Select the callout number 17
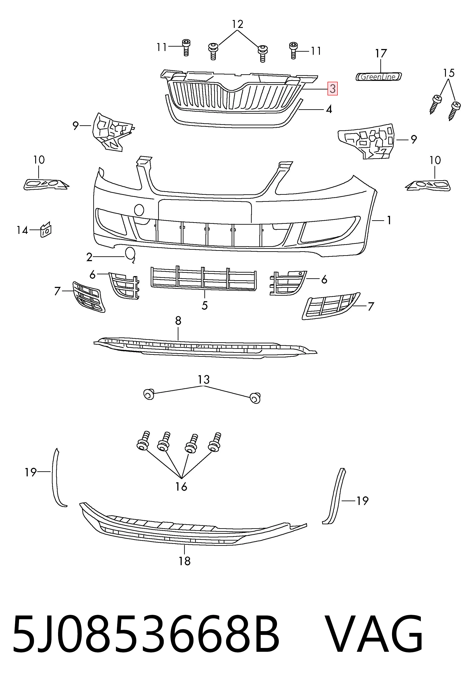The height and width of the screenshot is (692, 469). (381, 54)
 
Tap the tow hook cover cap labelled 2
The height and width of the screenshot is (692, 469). (130, 255)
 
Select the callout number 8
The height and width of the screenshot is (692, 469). (178, 321)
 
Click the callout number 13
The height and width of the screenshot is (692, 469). (204, 380)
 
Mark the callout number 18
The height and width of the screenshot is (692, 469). (184, 561)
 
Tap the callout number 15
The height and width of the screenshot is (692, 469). (449, 73)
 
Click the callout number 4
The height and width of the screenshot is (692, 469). (329, 109)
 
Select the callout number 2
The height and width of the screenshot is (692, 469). (89, 257)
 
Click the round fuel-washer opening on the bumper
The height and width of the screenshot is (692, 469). (139, 210)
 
